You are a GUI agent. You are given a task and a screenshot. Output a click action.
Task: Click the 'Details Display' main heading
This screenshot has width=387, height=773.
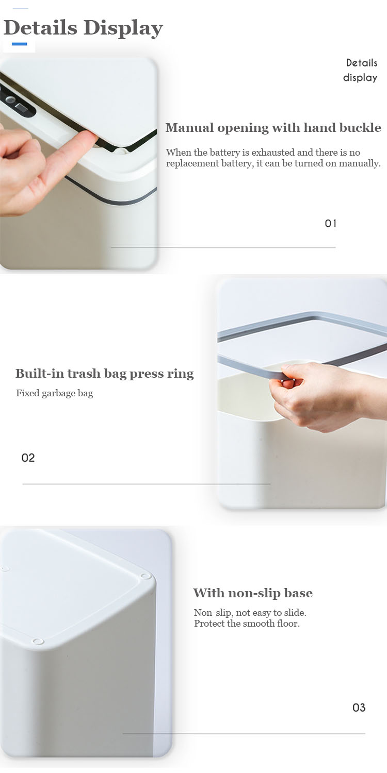click(83, 28)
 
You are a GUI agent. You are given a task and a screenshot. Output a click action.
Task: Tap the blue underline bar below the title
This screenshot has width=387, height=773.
click(20, 44)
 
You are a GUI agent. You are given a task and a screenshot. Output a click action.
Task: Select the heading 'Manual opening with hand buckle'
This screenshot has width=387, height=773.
click(273, 128)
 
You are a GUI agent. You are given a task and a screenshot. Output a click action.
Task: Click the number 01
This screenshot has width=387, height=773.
click(331, 224)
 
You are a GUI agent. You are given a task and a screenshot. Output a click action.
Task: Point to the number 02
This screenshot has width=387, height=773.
click(28, 458)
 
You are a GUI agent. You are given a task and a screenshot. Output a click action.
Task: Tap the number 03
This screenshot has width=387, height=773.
click(359, 708)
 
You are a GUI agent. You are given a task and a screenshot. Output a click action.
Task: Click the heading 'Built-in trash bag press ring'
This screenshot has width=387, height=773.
click(104, 374)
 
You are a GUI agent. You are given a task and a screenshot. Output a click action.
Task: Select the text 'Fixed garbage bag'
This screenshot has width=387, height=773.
click(55, 393)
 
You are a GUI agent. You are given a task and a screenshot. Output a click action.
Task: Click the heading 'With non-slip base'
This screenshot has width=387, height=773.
click(253, 593)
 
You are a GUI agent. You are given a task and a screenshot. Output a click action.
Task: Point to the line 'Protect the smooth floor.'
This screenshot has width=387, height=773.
click(247, 624)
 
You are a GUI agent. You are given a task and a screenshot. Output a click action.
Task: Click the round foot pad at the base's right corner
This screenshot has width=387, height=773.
click(146, 576)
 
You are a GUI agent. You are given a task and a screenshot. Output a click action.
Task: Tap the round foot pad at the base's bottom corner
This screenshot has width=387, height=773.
click(38, 642)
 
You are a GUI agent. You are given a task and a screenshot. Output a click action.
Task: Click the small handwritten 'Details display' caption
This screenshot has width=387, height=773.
click(360, 70)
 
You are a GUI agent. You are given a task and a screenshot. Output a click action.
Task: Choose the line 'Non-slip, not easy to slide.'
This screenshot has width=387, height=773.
click(250, 613)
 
